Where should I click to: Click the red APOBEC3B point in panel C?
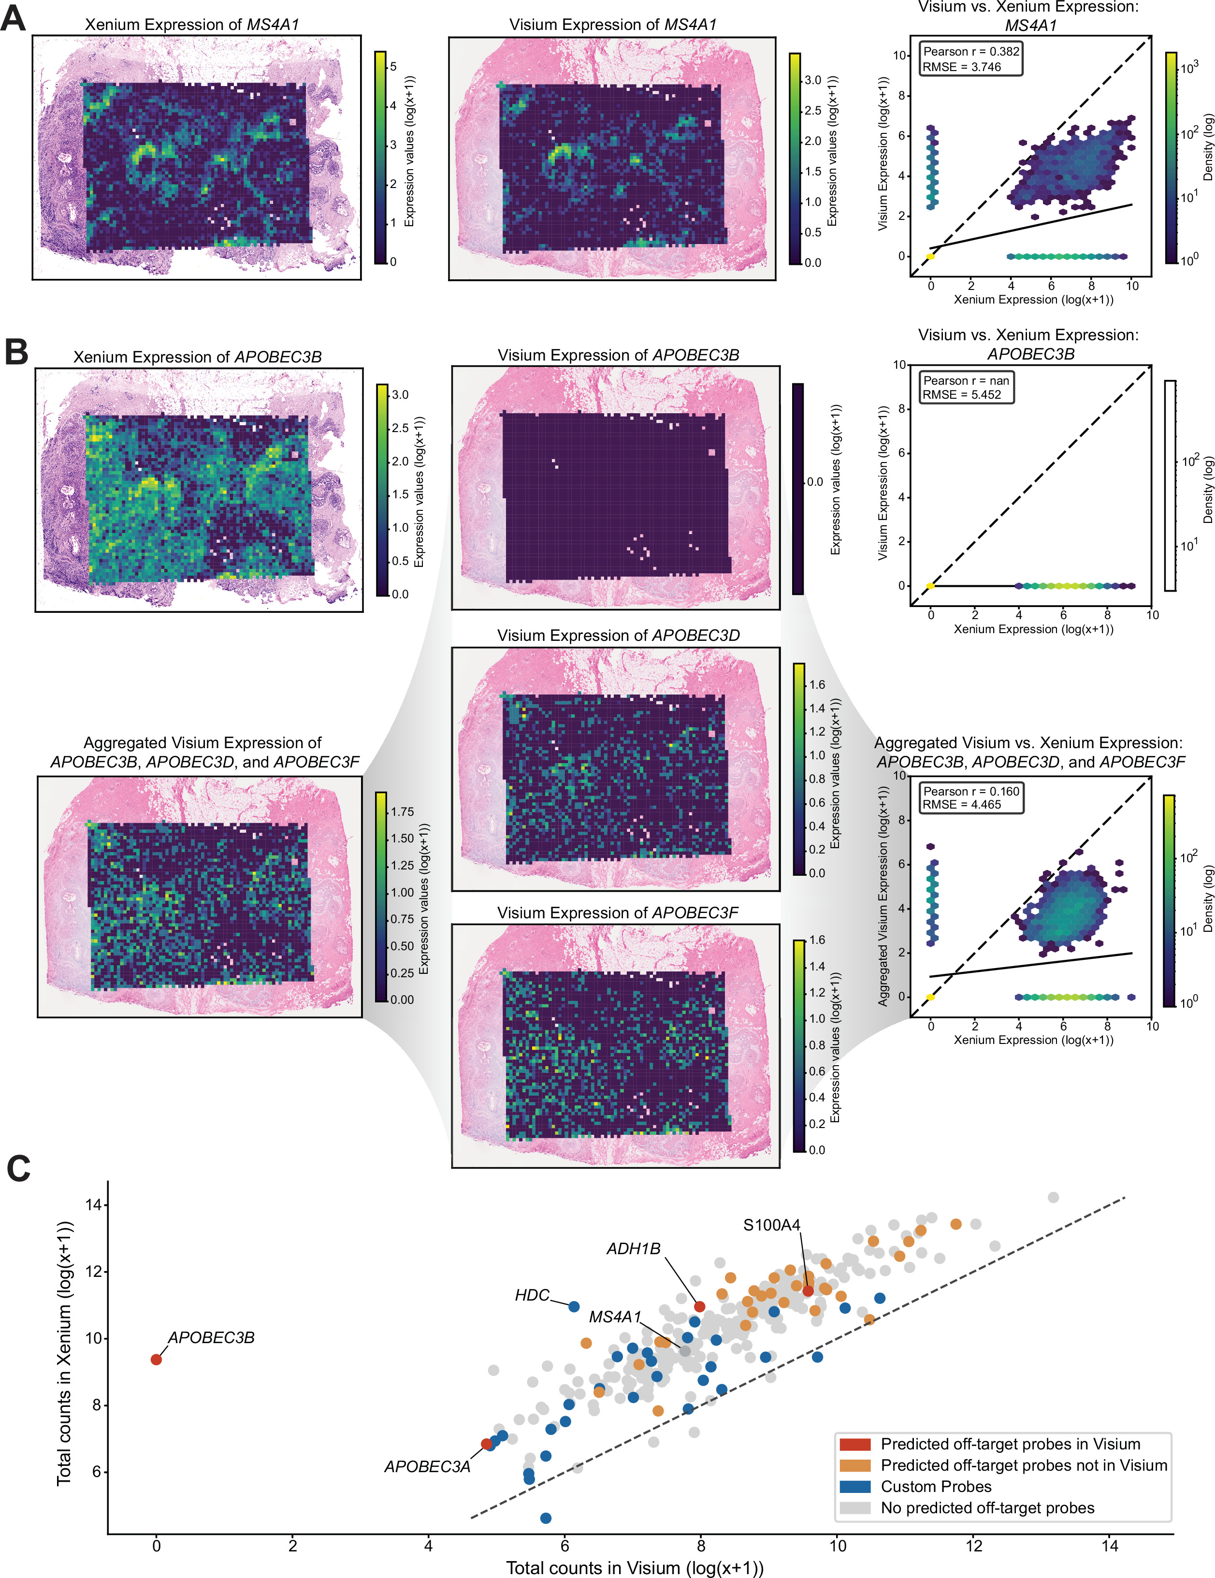[156, 1359]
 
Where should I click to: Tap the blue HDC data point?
[574, 1306]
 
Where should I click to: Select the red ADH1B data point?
[699, 1306]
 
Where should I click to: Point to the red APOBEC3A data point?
[487, 1444]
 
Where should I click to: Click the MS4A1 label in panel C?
[615, 1317]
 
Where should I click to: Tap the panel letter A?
[13, 18]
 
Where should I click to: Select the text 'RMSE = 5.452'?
[961, 394]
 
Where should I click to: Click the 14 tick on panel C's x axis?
[1110, 1546]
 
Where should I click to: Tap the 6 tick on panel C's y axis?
[96, 1472]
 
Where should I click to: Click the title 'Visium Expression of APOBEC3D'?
[618, 635]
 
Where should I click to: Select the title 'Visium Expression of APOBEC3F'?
[618, 912]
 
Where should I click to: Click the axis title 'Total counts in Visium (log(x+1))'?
[635, 1567]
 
